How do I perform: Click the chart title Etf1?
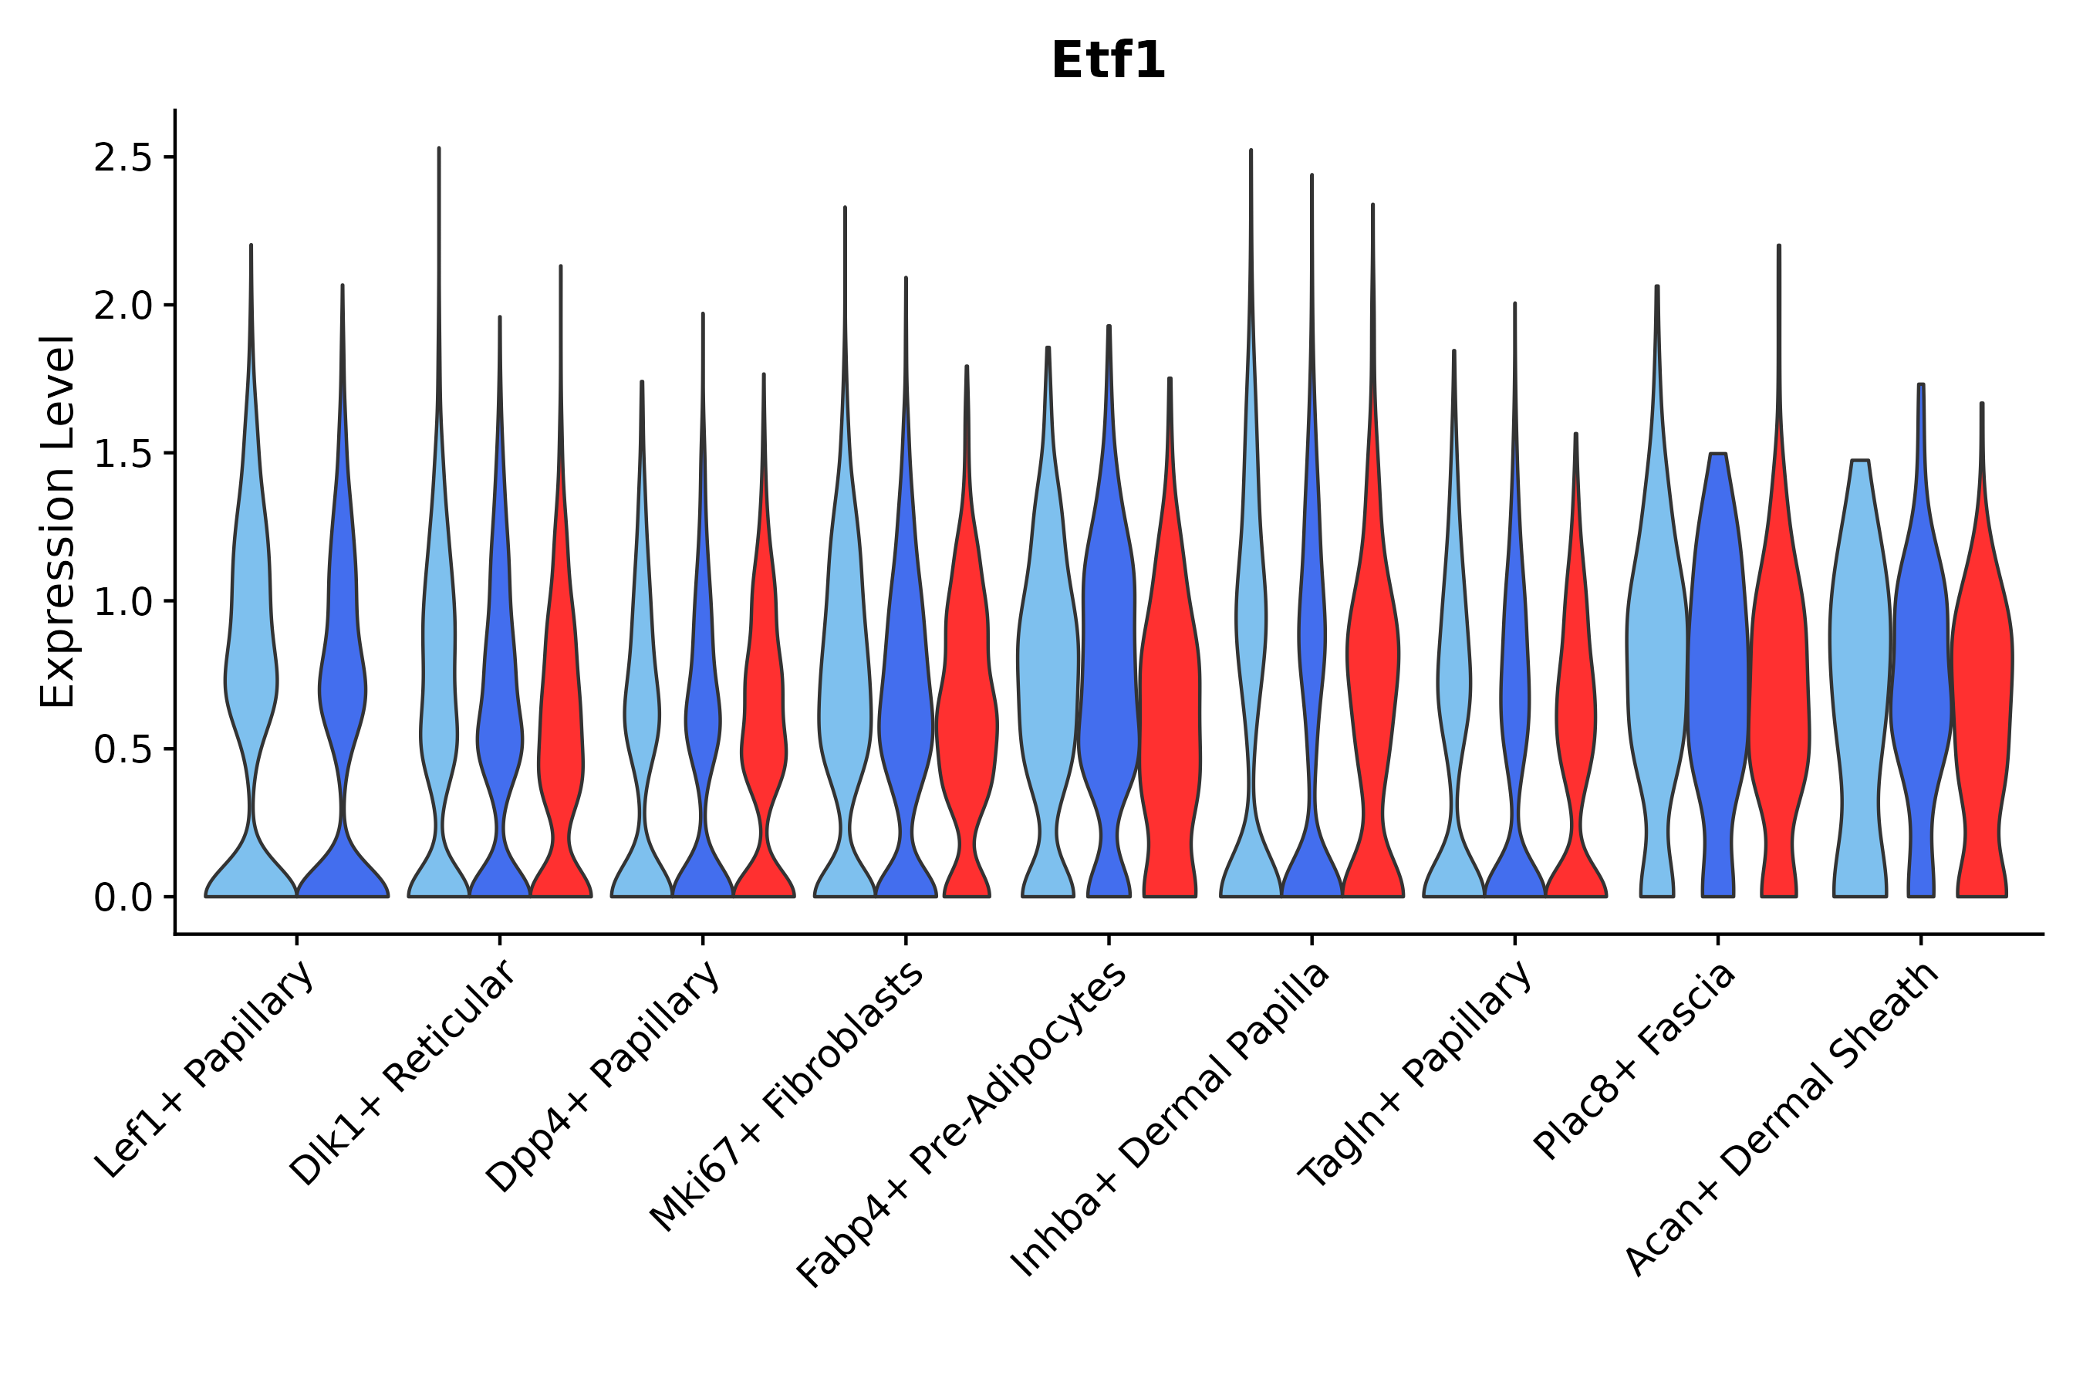pos(1107,61)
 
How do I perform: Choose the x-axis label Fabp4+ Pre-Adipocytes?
pos(963,1125)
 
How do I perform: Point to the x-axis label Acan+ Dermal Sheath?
pos(1783,1120)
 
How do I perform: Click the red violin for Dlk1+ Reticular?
pos(561,708)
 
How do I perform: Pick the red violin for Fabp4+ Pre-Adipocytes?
pos(1170,708)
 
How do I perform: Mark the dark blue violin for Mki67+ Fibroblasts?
pos(905,708)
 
